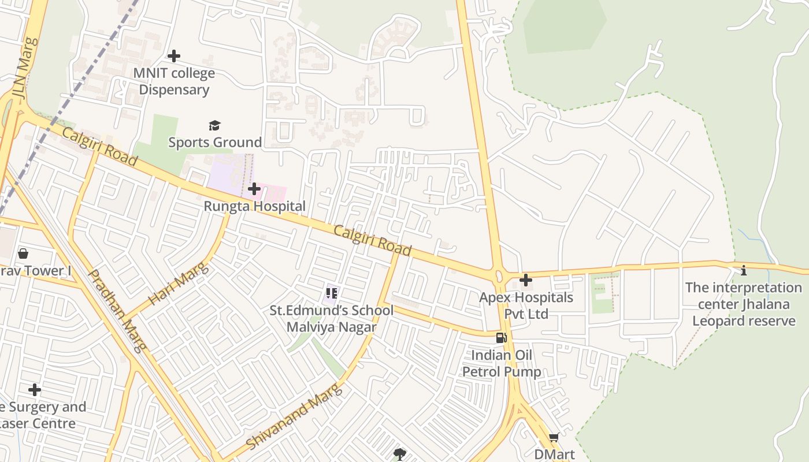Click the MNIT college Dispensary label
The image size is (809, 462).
[174, 81]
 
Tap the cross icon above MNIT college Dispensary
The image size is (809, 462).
[173, 56]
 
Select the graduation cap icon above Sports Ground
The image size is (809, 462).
[215, 125]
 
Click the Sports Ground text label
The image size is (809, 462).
[215, 142]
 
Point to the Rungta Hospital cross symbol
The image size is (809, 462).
[254, 189]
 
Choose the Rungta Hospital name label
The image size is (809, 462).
[254, 206]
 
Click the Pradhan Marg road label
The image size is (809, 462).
[117, 310]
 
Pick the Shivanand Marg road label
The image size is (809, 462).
[294, 416]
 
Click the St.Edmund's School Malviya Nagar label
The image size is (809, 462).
[332, 318]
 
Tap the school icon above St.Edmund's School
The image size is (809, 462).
[331, 293]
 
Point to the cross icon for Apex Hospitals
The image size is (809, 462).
[526, 281]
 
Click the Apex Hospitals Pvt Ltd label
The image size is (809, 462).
[526, 305]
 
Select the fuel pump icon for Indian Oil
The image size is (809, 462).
[502, 338]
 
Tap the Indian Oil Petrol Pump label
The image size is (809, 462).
[502, 363]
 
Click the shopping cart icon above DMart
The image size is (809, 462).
[554, 438]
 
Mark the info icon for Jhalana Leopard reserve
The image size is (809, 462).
[744, 270]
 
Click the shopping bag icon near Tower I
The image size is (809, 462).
[23, 254]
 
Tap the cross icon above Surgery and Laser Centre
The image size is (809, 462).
[35, 390]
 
